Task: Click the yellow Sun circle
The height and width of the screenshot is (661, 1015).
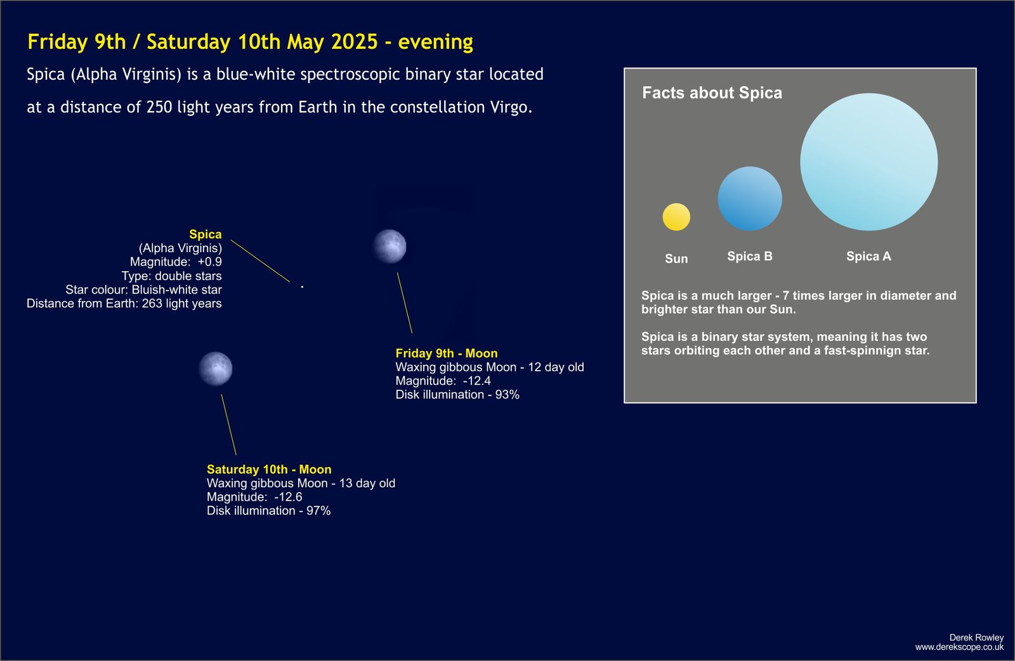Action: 676,217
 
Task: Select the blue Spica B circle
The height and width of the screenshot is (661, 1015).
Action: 750,199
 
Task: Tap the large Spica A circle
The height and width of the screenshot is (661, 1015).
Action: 868,162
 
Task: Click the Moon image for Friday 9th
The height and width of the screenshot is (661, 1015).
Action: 390,247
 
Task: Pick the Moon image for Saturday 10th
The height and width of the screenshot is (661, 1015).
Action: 216,369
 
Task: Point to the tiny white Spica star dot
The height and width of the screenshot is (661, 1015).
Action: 302,286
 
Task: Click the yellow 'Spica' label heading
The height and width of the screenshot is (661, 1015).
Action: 206,234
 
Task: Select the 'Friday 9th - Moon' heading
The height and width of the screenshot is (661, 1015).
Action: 447,353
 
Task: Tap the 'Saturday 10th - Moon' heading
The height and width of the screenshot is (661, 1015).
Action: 269,469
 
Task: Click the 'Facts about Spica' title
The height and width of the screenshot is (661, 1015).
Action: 712,93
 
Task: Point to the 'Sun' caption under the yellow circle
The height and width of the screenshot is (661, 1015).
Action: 676,259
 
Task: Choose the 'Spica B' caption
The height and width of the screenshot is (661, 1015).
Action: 749,256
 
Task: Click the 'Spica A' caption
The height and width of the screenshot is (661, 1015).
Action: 868,256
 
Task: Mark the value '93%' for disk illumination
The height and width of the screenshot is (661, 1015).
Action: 507,395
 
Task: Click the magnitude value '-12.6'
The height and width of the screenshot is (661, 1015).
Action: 288,497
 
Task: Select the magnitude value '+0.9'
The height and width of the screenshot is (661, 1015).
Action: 210,262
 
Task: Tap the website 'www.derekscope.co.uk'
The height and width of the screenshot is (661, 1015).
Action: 959,648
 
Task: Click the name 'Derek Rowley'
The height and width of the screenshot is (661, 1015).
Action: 976,638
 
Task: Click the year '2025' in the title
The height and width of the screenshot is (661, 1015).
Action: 355,42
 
